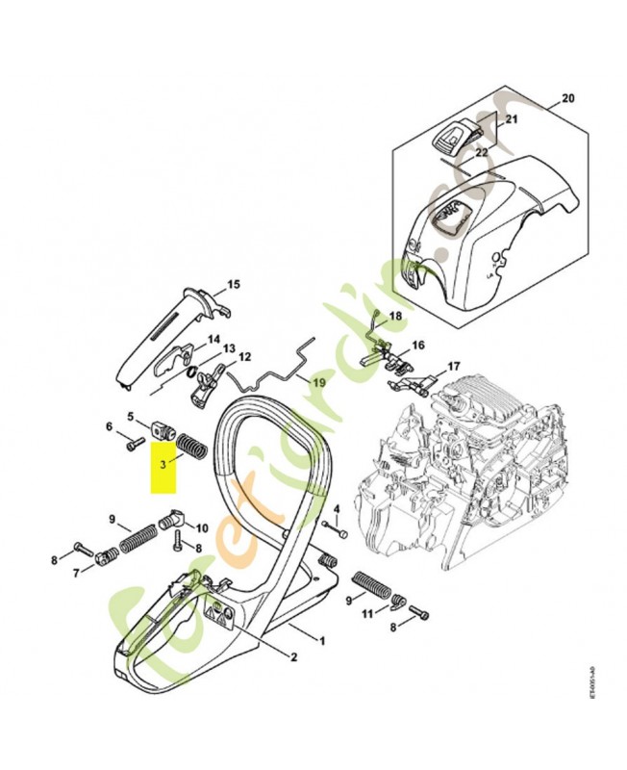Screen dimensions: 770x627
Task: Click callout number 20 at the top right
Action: pyautogui.click(x=567, y=99)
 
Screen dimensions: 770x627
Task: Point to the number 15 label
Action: pyautogui.click(x=233, y=285)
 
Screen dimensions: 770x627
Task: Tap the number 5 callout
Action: pyautogui.click(x=131, y=417)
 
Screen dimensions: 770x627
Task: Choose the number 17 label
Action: pyautogui.click(x=453, y=366)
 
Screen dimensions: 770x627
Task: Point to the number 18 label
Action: pyautogui.click(x=395, y=316)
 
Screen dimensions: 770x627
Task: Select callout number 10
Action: pyautogui.click(x=201, y=527)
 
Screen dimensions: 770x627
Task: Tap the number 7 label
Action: pyautogui.click(x=76, y=574)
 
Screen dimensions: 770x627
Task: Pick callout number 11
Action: pyautogui.click(x=367, y=613)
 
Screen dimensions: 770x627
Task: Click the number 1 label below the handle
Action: pyautogui.click(x=322, y=640)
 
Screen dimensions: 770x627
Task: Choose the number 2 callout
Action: pyautogui.click(x=293, y=658)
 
